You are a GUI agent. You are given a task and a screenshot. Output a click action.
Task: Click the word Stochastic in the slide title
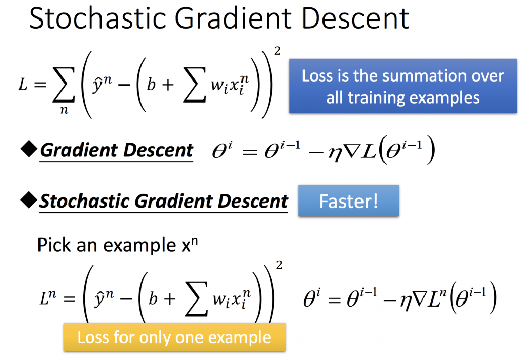(97, 18)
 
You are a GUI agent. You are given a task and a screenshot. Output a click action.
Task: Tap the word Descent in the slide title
(355, 18)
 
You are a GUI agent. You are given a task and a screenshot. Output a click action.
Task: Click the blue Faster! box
(349, 201)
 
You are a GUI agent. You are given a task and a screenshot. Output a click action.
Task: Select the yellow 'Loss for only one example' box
(174, 337)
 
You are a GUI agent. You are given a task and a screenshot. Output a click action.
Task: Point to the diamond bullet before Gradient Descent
(29, 149)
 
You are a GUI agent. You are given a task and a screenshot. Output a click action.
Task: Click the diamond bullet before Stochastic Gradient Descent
(29, 200)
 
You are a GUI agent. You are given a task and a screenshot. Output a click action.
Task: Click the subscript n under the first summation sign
(64, 110)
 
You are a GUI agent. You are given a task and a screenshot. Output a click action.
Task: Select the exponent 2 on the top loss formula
(277, 51)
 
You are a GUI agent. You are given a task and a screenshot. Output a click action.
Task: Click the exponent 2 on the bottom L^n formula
(279, 265)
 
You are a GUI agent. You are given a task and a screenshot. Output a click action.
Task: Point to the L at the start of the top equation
(23, 85)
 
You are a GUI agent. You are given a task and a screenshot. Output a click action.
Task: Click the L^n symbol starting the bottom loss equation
(48, 297)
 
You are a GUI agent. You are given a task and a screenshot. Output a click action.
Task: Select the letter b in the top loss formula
(152, 84)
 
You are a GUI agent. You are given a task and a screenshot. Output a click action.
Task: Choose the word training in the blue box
(377, 98)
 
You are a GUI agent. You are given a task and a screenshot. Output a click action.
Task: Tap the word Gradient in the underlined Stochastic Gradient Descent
(173, 201)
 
